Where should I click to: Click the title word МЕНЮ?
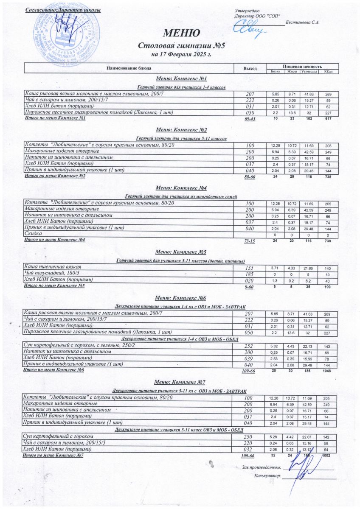180,34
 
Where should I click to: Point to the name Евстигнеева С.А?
303,22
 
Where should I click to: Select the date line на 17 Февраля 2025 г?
181,55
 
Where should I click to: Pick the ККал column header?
328,71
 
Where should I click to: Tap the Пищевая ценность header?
302,66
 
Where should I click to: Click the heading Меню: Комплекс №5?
181,252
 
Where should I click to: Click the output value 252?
250,347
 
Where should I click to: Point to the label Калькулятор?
267,475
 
